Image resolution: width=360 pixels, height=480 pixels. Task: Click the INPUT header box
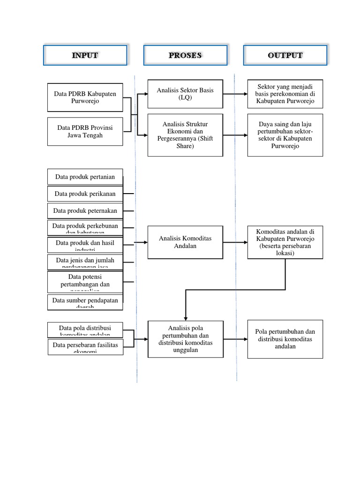[85, 55]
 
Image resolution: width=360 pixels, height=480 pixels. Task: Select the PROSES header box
[185, 55]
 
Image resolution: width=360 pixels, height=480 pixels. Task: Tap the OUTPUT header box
[285, 55]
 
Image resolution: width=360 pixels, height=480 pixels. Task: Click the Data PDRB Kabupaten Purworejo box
[85, 97]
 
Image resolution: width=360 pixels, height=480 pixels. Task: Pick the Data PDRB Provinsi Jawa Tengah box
[85, 131]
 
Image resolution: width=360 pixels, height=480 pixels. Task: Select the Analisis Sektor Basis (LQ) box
[185, 94]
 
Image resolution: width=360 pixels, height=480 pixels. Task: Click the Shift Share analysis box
[185, 135]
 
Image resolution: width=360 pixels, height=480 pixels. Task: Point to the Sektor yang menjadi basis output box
[285, 94]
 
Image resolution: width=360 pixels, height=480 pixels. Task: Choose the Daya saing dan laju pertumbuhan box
[285, 135]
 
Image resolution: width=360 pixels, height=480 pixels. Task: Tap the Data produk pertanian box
[85, 177]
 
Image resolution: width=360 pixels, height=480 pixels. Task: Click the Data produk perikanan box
[85, 194]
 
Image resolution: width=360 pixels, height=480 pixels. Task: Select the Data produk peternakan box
[85, 210]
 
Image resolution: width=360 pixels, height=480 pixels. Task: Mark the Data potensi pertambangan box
[85, 281]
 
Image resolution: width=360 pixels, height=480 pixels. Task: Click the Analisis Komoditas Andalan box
[185, 242]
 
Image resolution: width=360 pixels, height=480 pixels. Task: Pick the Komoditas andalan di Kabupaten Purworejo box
[285, 242]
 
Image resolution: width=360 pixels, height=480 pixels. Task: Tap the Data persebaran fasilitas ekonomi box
[85, 347]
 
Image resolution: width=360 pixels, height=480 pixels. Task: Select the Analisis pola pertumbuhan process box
[185, 339]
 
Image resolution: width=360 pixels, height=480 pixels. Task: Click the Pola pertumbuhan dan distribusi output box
[285, 339]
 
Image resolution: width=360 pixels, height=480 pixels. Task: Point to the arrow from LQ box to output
[235, 94]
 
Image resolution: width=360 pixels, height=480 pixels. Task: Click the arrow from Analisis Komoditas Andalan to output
[235, 242]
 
